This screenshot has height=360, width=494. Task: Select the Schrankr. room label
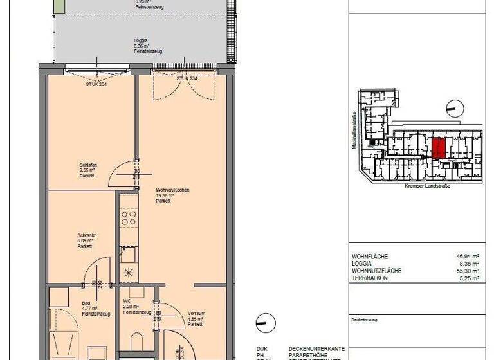[x=85, y=236]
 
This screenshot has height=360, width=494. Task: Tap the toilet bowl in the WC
[x=136, y=341]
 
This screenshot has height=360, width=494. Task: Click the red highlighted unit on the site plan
[x=437, y=148]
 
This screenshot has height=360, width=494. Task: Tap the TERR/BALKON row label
[x=372, y=278]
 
